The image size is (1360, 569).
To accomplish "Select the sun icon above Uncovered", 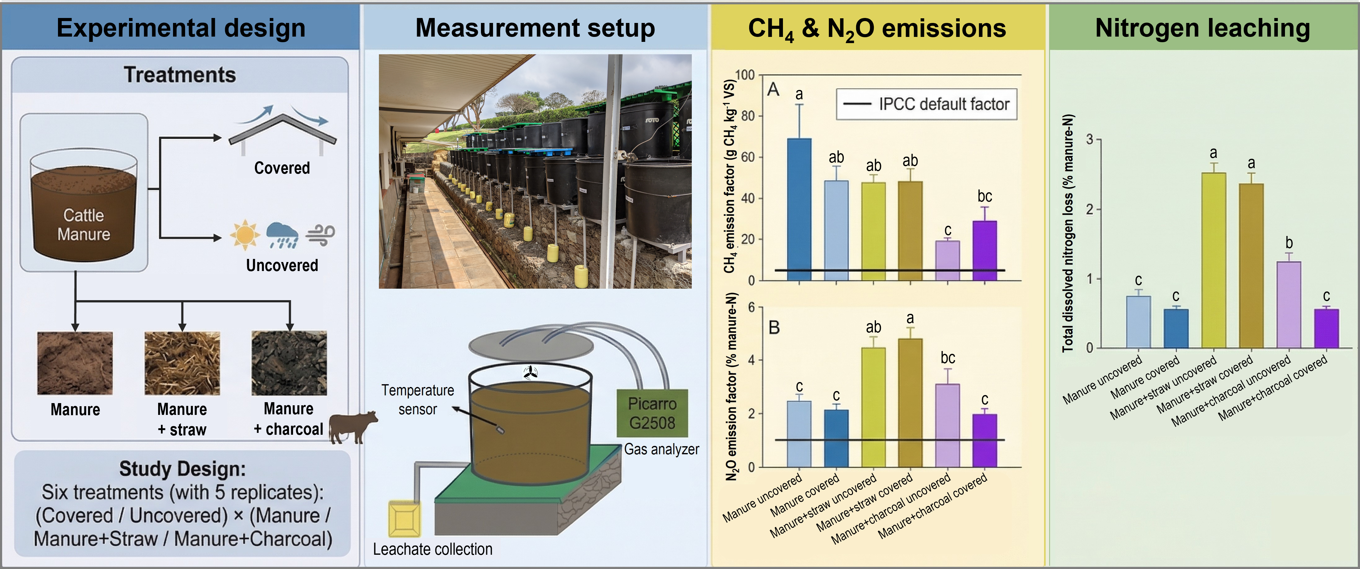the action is tap(245, 235).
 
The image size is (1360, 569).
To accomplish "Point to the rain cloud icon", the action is tap(282, 235).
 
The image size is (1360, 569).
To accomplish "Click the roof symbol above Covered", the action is tap(282, 129).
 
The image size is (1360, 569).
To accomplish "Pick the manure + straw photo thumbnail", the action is tap(182, 363).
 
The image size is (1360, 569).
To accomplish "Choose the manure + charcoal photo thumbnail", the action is tap(289, 363).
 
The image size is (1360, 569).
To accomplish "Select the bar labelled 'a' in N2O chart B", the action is tap(910, 403).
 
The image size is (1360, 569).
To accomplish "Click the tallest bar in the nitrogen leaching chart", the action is tap(1214, 260).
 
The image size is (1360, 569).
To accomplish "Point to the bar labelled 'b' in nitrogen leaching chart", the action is tap(1289, 305).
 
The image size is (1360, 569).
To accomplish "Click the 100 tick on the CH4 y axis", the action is tap(744, 75).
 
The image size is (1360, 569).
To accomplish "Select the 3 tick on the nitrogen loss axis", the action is tap(1090, 140).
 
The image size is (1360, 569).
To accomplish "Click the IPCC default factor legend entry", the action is tap(927, 104).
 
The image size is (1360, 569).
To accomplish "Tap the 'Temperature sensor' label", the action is tap(418, 400).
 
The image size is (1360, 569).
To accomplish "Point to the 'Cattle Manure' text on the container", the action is tap(84, 224).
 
